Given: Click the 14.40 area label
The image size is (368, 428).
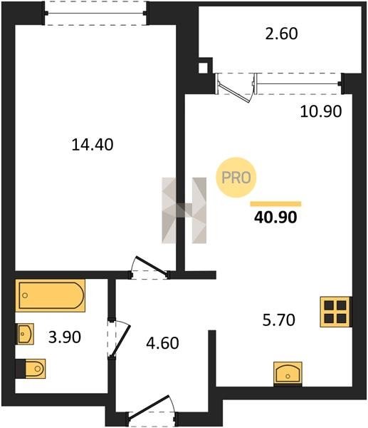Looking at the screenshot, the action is coord(93,145).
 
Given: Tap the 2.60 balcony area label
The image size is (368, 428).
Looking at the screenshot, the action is coord(281,34).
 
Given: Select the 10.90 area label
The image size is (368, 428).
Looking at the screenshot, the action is coord(320,111).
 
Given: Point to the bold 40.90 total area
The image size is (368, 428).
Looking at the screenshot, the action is coord(275,218).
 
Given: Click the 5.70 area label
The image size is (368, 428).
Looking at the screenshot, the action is coord(278,320).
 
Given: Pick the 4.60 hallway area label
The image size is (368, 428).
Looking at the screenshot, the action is coord(162,343).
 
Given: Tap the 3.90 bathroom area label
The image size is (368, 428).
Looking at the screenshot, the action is coord(65,337).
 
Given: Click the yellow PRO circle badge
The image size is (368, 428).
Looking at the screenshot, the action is coord(236,178).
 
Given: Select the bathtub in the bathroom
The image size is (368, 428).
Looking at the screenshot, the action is coord(51,295).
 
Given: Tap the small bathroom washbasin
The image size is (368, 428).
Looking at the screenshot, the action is coord(25,334).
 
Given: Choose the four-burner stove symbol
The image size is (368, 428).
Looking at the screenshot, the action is coord(335,312).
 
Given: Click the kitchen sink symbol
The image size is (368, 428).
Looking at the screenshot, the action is coord(288,374).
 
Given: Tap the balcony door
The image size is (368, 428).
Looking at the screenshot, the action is coord(236,88).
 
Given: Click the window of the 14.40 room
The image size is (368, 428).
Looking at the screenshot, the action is coord(95,13).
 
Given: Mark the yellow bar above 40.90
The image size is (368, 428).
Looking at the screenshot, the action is coord(275,204).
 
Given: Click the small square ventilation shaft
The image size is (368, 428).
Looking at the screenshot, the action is coord(203,68).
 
